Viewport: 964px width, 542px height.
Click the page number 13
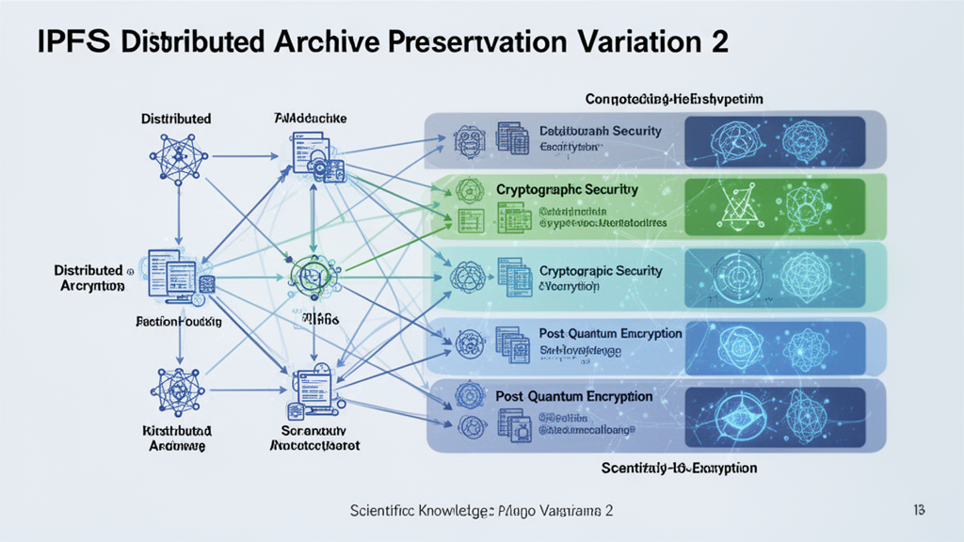[920, 509]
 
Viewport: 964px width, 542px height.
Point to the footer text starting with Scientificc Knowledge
[481, 510]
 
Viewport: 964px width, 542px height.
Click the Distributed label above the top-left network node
[176, 119]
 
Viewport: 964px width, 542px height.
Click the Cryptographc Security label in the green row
[567, 189]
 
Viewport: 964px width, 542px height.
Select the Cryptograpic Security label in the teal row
[601, 271]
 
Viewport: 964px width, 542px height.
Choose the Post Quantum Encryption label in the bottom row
[573, 396]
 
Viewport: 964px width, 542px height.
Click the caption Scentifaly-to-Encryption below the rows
[679, 468]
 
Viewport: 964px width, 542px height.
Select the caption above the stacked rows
[673, 98]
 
